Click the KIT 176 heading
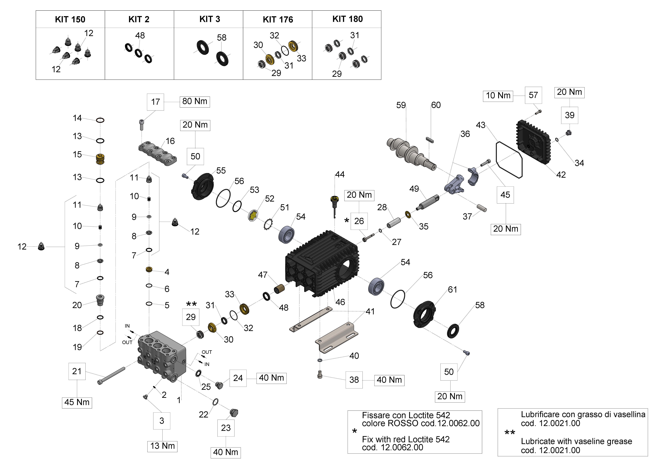[278, 19]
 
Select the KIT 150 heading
[70, 19]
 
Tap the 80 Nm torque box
[195, 101]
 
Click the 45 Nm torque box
[77, 402]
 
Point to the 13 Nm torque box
[162, 446]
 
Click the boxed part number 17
[155, 102]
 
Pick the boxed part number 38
[354, 380]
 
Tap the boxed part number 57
[533, 95]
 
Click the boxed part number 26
[359, 221]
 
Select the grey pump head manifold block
[162, 357]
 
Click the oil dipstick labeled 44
[334, 205]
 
